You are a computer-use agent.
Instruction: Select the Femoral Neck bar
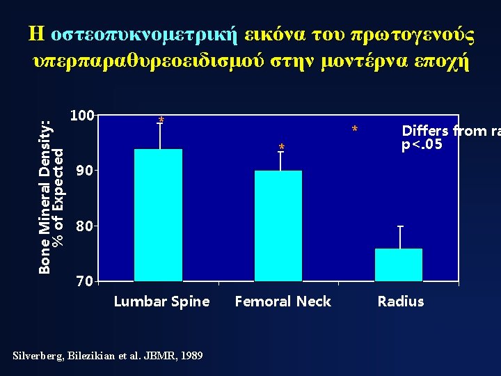coord(278,226)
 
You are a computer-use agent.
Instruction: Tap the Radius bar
coord(399,265)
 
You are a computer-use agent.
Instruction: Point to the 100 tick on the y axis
coord(83,114)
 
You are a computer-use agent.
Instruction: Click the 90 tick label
coord(84,170)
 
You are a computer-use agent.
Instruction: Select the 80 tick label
coord(84,226)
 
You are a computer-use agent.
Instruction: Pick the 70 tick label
coord(84,281)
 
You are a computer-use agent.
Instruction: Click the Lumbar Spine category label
coord(161,301)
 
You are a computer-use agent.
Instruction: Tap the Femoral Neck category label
coord(283,301)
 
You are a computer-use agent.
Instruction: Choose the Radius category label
coord(400,301)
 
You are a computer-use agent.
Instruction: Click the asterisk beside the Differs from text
coord(355,130)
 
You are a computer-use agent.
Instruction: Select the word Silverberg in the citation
coord(38,356)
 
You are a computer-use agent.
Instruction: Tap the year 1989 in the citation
coord(191,356)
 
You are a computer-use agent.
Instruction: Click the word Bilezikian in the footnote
coord(92,356)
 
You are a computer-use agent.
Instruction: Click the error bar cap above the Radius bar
coord(399,226)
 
